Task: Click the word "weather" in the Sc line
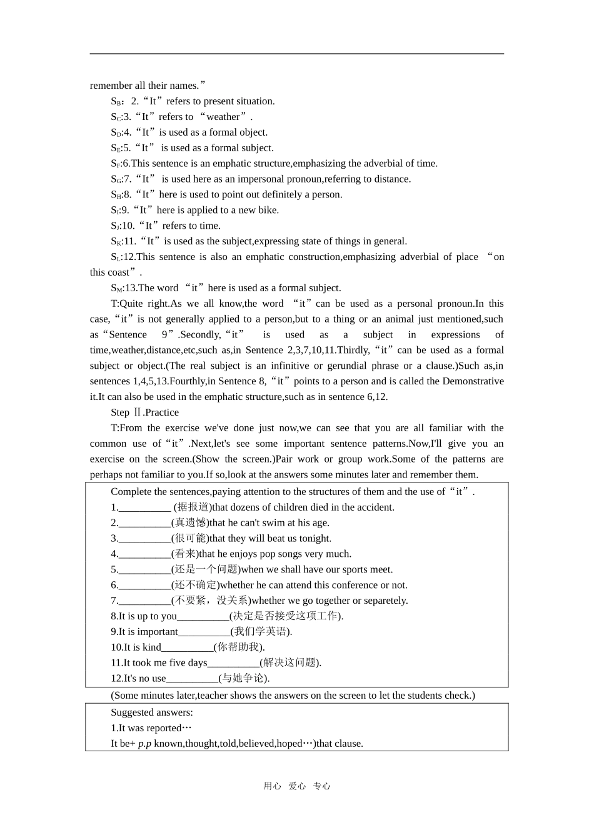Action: click(x=223, y=117)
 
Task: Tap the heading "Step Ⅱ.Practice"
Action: click(x=144, y=412)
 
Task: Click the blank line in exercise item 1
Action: click(x=144, y=507)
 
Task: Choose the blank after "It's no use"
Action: click(x=192, y=678)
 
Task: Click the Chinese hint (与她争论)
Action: click(x=244, y=678)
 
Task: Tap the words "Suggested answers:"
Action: click(x=152, y=712)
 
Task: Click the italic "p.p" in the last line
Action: click(x=144, y=744)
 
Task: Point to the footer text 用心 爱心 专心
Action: click(x=297, y=786)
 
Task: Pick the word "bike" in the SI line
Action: click(x=268, y=211)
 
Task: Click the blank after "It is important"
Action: click(x=204, y=632)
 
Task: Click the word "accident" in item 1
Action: click(x=376, y=507)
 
